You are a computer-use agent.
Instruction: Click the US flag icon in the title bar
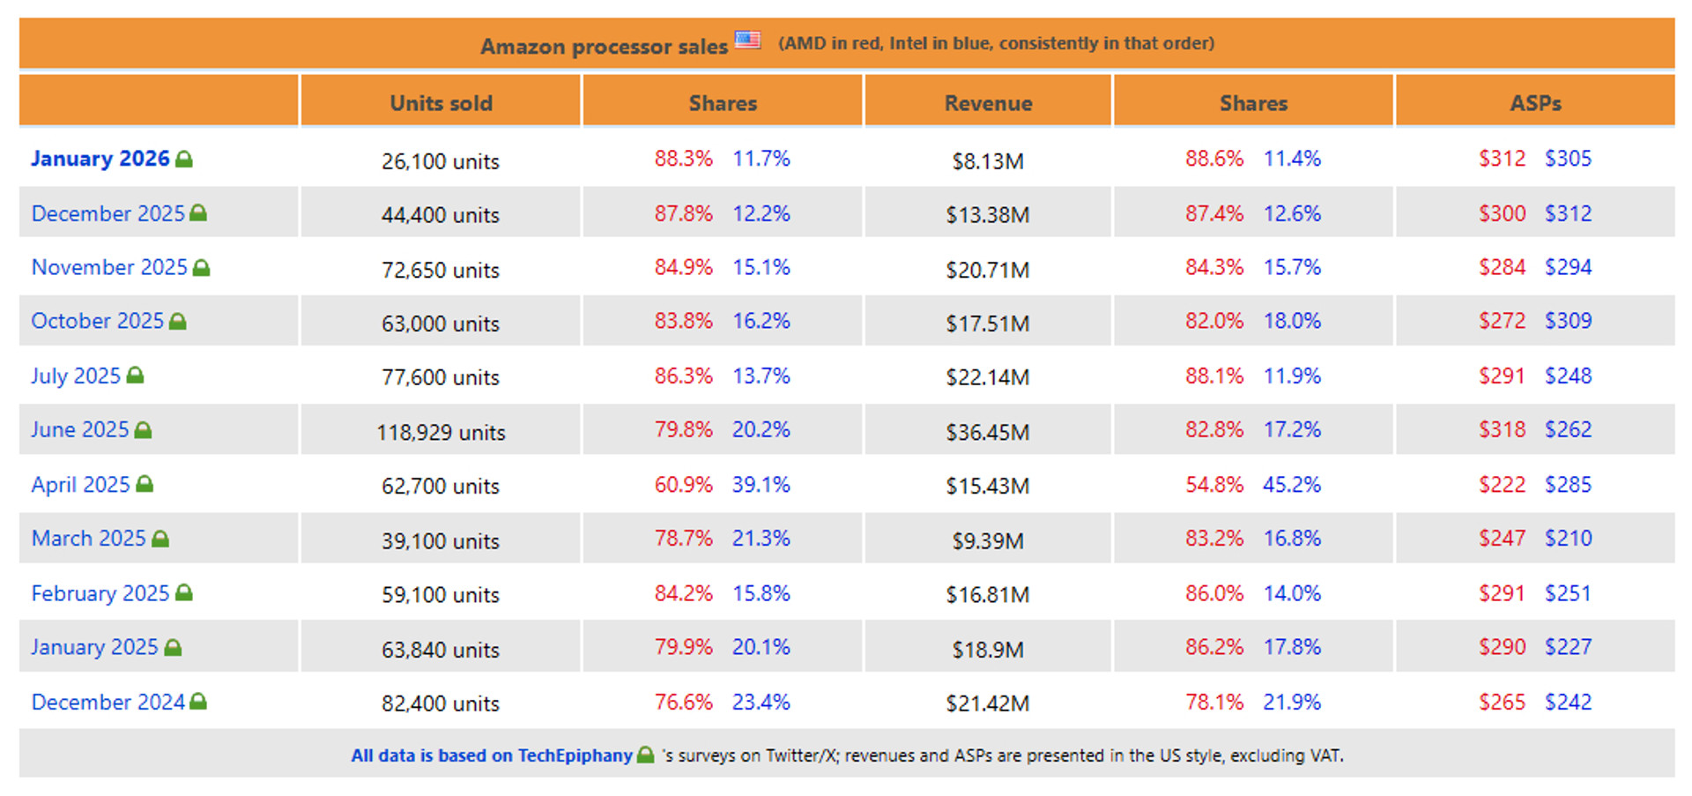747,40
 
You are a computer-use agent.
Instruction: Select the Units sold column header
441,103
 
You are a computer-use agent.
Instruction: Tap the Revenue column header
988,103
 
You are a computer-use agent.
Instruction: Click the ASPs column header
1535,103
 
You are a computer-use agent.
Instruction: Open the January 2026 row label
100,159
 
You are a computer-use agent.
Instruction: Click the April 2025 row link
80,485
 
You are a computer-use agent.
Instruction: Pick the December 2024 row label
108,703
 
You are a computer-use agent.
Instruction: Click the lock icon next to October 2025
178,322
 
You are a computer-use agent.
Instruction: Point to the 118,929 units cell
441,433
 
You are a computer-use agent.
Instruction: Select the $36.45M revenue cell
987,433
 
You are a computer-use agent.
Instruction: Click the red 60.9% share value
683,485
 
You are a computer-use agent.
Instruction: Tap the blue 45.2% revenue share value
1291,485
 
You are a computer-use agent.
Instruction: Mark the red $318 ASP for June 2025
1502,430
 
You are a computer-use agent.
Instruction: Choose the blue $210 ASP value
1568,539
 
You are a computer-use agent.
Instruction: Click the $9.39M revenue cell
987,541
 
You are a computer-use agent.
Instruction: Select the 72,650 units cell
441,271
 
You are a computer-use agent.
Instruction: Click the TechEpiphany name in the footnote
575,756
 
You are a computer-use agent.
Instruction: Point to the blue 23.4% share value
761,703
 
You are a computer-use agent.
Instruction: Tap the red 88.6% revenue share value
1213,159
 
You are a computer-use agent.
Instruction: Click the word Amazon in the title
523,47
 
